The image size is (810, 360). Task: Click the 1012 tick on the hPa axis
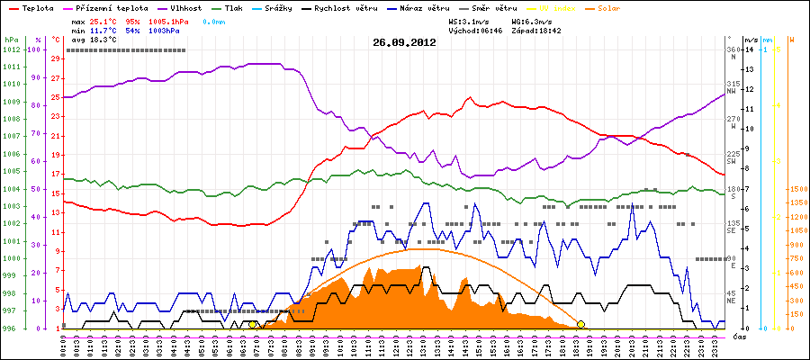(11, 50)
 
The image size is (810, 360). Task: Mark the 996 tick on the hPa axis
(11, 328)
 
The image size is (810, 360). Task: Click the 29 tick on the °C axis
(56, 59)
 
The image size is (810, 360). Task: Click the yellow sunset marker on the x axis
(580, 325)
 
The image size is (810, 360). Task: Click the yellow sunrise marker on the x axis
(253, 325)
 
